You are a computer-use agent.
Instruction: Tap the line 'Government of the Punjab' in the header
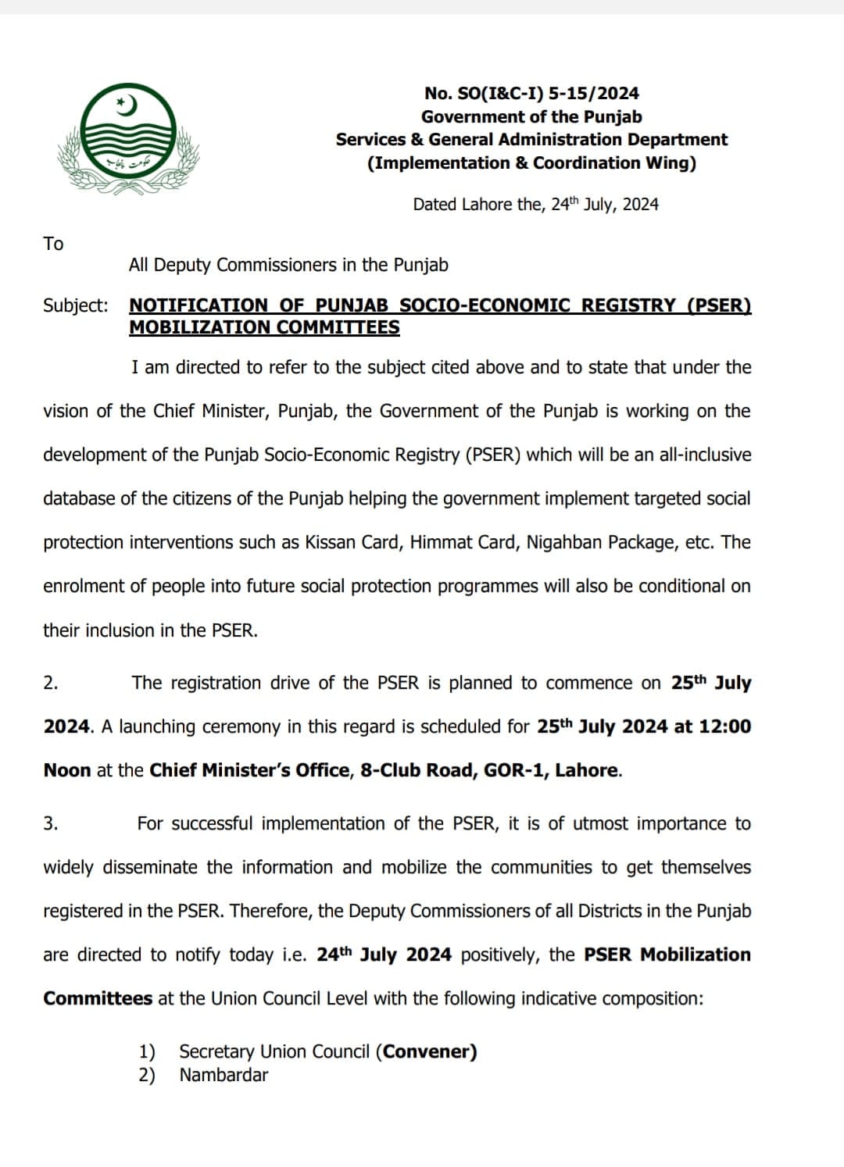531,117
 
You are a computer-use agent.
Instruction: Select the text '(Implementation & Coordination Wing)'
531,163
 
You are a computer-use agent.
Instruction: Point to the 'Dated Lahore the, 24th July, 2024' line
535,205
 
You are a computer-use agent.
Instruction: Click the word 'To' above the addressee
53,244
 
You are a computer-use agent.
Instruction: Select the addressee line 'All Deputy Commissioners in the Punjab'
288,265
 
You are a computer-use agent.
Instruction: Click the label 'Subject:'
76,305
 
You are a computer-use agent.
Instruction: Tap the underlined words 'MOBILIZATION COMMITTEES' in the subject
264,328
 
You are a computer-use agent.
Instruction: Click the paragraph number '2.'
50,683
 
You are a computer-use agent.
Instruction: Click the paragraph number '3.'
50,823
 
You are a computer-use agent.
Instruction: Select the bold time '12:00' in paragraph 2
724,726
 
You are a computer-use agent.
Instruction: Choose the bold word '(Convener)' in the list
426,1051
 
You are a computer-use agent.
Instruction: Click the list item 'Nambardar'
224,1075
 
